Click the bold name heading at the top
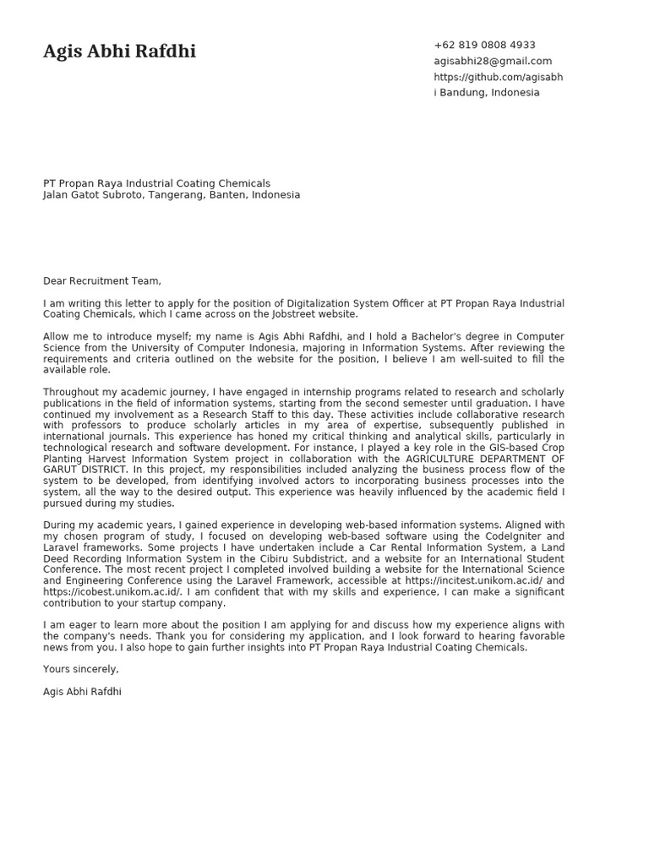(119, 52)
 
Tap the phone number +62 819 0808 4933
(484, 45)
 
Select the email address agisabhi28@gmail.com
(493, 61)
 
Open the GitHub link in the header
(498, 77)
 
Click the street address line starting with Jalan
(172, 195)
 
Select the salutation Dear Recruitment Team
(101, 281)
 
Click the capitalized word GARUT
(60, 470)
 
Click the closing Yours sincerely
(81, 669)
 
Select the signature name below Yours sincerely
(82, 692)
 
